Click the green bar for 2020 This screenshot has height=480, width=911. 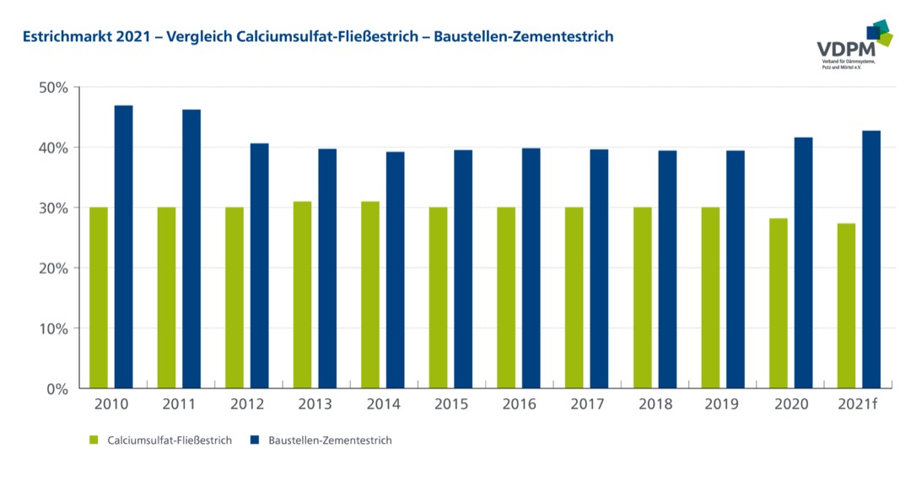pyautogui.click(x=778, y=303)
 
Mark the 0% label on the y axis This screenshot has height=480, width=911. pyautogui.click(x=57, y=389)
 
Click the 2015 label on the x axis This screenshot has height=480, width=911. pyautogui.click(x=451, y=404)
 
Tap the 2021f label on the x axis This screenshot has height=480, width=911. pyautogui.click(x=858, y=404)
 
